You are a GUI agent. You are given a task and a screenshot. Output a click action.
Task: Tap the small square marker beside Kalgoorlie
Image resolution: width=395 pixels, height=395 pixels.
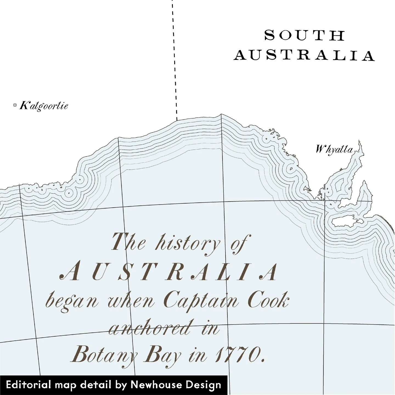coord(15,105)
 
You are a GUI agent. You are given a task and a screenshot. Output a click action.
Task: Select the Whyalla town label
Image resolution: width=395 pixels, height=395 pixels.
coord(334,149)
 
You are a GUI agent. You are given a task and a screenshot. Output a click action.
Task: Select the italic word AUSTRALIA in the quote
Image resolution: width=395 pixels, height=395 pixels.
coord(169,272)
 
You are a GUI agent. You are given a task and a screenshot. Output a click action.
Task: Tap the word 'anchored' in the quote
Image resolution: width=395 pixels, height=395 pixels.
coord(150,328)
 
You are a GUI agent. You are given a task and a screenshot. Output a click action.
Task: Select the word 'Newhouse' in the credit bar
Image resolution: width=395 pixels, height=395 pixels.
coord(155,385)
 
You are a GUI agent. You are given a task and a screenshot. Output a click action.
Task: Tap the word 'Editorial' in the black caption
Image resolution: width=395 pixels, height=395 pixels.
coord(28,385)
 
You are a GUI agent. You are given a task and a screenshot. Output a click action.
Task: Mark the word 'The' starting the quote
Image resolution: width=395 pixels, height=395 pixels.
coord(128,242)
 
